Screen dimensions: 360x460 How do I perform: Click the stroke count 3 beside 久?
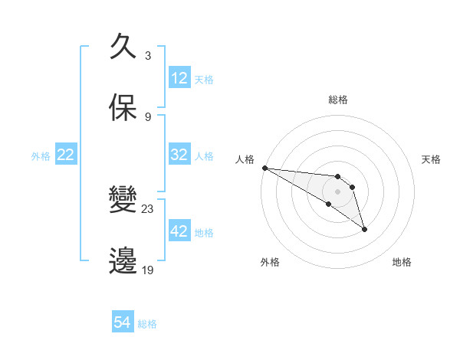point(148,56)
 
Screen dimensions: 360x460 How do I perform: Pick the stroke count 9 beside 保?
point(148,117)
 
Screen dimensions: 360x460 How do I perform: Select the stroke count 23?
point(148,209)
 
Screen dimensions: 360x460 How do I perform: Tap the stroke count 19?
point(148,270)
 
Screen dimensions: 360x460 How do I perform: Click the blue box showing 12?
point(179,78)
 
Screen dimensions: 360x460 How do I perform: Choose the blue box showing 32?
point(179,155)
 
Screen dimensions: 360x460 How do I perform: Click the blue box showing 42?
point(179,231)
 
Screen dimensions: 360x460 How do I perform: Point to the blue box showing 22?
point(66,155)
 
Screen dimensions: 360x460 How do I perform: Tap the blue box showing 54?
point(123,323)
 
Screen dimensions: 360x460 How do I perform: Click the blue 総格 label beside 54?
point(147,324)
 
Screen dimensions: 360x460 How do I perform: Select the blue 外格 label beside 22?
point(41,155)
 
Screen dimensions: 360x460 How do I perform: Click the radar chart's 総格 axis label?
point(337,100)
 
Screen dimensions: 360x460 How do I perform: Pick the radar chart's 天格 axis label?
point(432,159)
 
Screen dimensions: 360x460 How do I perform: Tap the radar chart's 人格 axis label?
point(245,159)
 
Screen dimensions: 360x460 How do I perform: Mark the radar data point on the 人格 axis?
point(264,168)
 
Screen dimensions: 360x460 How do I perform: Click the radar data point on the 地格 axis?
point(364,229)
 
